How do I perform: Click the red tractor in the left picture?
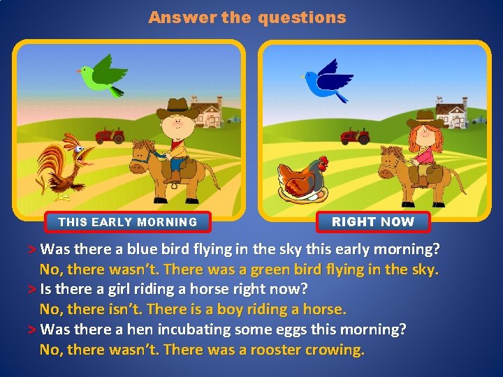[x=109, y=135]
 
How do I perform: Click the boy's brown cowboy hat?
[x=177, y=108]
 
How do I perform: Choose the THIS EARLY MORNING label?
[x=127, y=222]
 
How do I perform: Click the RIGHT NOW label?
[x=373, y=222]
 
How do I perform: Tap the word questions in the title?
[x=301, y=18]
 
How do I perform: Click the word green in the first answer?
[x=270, y=269]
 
